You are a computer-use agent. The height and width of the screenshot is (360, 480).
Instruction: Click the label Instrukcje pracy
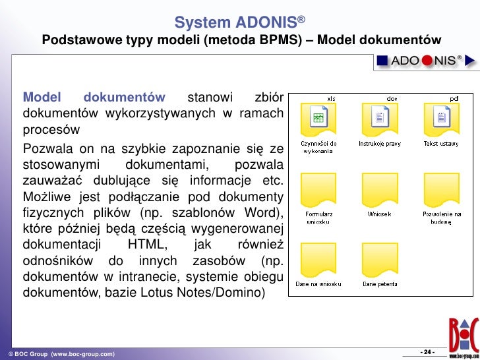click(x=380, y=143)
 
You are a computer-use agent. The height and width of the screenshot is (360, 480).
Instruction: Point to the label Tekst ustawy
click(x=441, y=143)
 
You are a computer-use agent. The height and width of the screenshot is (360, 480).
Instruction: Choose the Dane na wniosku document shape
click(x=318, y=262)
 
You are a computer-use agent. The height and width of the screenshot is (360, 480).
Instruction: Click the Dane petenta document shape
click(x=380, y=262)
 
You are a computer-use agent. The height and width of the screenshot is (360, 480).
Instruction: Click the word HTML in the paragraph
click(x=145, y=244)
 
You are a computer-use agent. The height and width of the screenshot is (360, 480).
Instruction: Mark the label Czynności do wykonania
click(x=318, y=146)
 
